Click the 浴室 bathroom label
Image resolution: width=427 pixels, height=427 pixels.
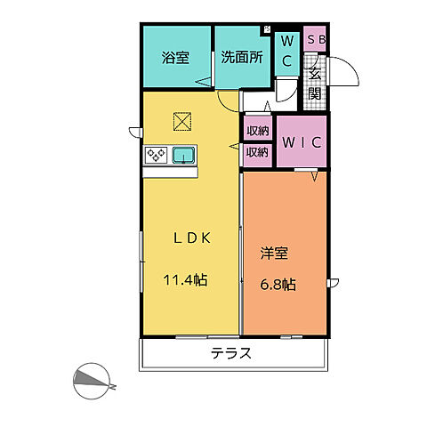click(175, 58)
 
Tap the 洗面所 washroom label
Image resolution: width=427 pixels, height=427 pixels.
click(242, 57)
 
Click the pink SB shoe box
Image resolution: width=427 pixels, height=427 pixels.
click(315, 39)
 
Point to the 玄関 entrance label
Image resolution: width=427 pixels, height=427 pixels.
click(315, 84)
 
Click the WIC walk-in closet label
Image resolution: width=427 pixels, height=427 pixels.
click(302, 142)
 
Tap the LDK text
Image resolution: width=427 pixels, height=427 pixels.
click(192, 238)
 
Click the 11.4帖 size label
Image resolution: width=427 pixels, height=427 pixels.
click(185, 279)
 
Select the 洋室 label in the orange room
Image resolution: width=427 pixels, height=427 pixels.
click(274, 253)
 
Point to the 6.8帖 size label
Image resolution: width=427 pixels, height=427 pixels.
click(278, 285)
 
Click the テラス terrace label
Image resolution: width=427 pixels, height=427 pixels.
click(231, 353)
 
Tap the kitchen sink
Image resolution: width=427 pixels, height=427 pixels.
click(184, 156)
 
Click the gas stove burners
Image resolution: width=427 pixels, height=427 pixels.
click(156, 155)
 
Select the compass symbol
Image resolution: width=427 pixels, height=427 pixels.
click(93, 381)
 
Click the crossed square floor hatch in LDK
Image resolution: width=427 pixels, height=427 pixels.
click(182, 121)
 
